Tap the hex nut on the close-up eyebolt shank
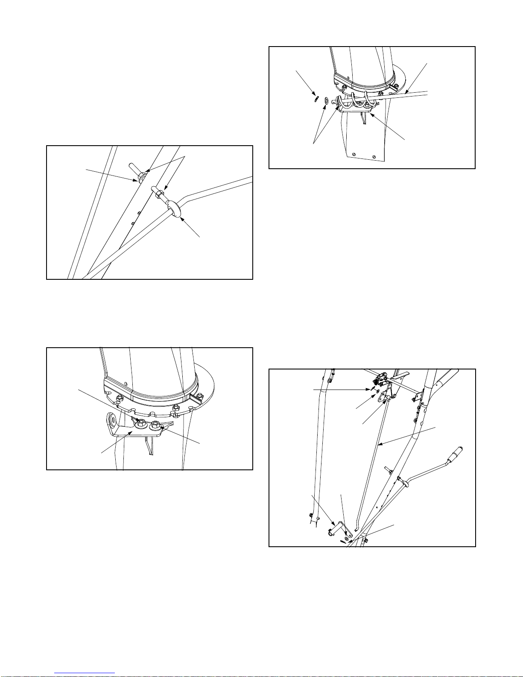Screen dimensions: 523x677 158,195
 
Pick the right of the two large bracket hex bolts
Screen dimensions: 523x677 155,425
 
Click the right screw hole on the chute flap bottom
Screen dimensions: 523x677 374,156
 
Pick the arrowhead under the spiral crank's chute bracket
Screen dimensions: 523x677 371,114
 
